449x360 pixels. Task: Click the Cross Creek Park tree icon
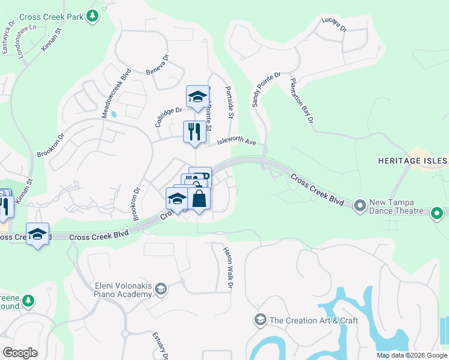92,16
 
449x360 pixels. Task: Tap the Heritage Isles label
412,161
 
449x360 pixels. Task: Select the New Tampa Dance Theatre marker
360,206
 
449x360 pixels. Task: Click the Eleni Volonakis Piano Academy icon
160,290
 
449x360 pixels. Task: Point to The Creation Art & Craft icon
260,320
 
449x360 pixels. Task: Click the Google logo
20,352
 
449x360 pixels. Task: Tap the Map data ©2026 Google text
411,355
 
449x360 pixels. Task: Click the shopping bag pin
199,199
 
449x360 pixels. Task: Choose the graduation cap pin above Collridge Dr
197,97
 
